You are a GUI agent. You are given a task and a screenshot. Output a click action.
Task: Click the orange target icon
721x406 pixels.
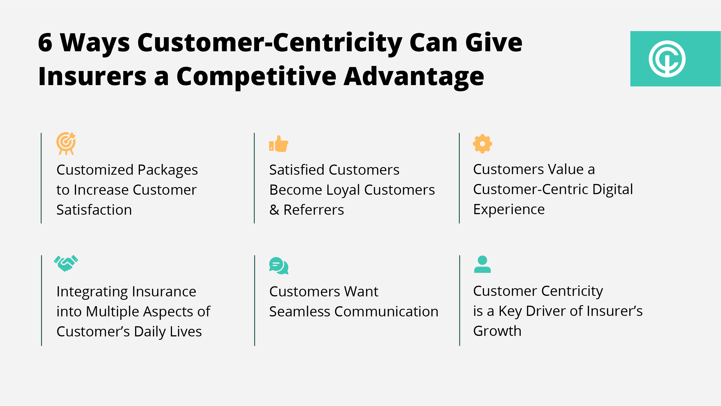[66, 143]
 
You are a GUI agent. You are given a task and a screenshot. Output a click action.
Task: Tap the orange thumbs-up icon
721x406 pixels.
[279, 144]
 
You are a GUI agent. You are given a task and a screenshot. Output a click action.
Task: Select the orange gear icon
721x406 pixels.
[483, 144]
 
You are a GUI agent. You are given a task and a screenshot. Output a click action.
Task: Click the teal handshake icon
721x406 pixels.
[66, 263]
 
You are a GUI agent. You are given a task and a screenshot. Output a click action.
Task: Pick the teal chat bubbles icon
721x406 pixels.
[279, 266]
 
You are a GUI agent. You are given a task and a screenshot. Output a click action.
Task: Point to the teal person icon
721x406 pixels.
[483, 264]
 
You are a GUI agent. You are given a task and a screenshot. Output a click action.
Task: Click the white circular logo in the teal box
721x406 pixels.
[667, 59]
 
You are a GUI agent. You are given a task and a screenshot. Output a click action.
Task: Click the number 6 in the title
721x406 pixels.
[45, 43]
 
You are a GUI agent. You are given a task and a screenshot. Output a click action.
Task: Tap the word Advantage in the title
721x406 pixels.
[414, 77]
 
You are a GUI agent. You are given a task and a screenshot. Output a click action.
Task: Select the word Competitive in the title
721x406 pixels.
[256, 77]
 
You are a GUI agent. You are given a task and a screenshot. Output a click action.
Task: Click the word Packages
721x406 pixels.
[168, 170]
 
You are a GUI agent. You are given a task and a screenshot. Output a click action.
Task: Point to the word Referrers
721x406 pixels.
[314, 210]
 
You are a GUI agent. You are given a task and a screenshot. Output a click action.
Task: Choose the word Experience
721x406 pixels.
[509, 210]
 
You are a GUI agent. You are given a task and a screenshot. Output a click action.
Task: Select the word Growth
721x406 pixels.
[497, 331]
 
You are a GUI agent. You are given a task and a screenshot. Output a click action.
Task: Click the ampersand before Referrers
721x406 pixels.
[274, 210]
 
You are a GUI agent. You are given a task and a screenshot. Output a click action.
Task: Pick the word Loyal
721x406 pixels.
[343, 190]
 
